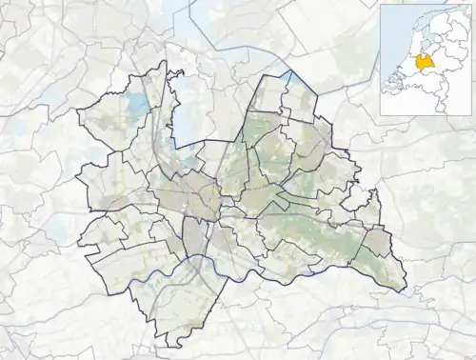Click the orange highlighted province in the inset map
pyautogui.click(x=426, y=60)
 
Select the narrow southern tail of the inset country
pyautogui.click(x=437, y=102)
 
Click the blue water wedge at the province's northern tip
pyautogui.click(x=286, y=75)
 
